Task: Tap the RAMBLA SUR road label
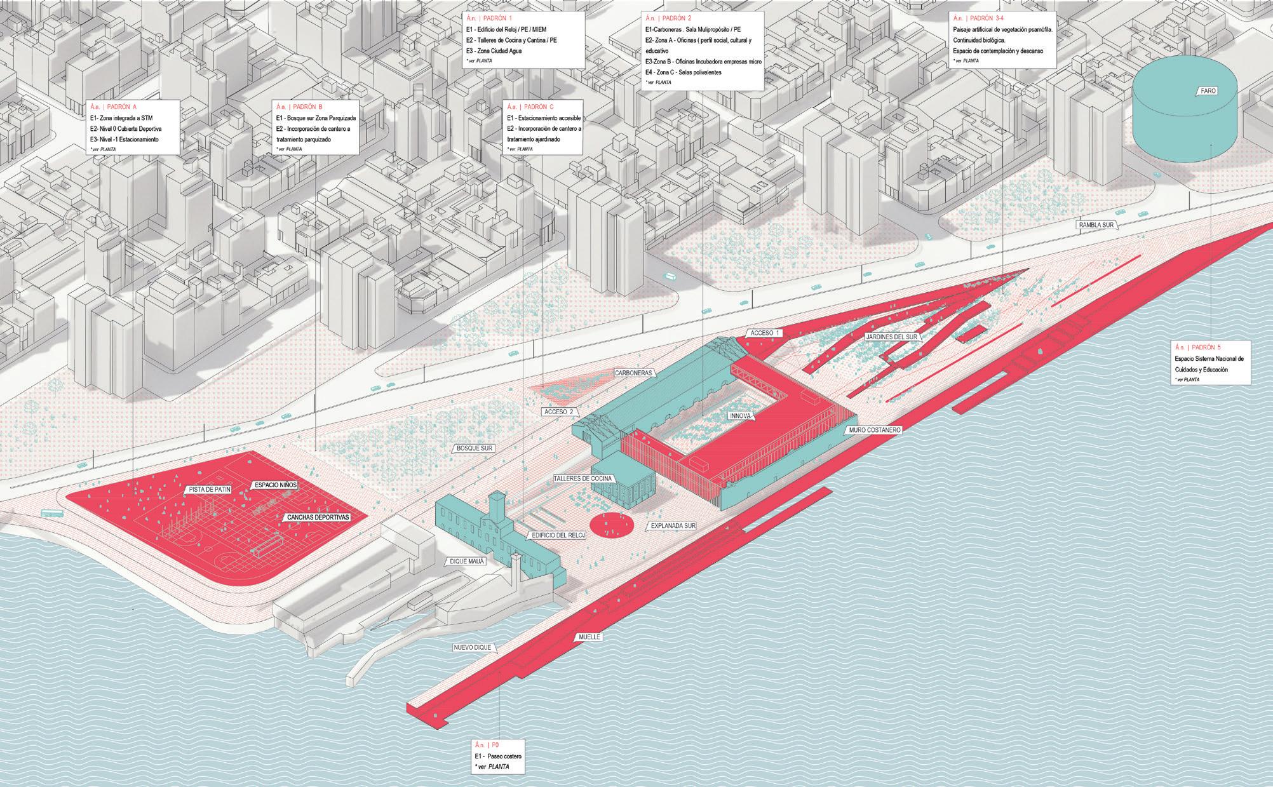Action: [1098, 225]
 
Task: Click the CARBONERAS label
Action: [634, 373]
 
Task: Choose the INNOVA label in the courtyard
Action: [741, 416]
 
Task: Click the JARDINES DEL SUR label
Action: [892, 337]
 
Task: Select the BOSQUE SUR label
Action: [475, 448]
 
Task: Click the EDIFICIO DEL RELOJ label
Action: [558, 535]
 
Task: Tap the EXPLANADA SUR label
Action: [673, 527]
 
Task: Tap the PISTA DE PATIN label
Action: [209, 490]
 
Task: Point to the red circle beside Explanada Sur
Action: [613, 525]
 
